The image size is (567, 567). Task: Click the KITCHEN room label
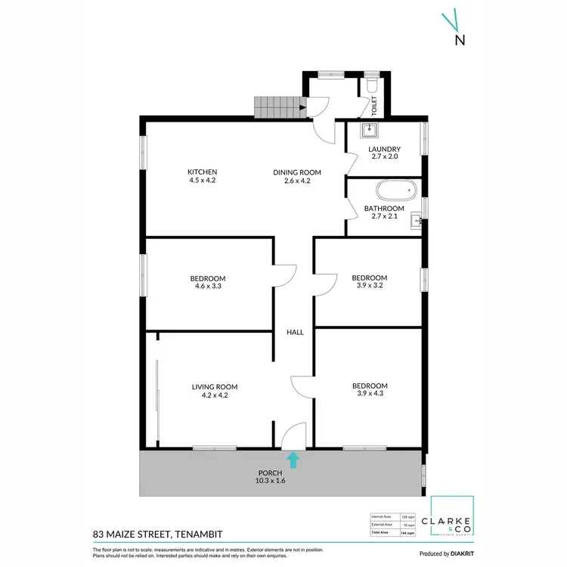(x=203, y=172)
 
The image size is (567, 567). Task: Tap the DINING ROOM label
(x=292, y=172)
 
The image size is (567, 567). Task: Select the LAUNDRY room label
(x=384, y=149)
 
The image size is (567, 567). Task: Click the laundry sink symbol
(x=368, y=130)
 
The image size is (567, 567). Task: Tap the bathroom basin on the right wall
(x=415, y=222)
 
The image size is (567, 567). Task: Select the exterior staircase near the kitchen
(x=277, y=107)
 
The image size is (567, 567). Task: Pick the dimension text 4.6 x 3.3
(x=207, y=287)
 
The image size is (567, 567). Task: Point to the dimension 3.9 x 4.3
(x=370, y=395)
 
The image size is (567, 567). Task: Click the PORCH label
(x=270, y=472)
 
